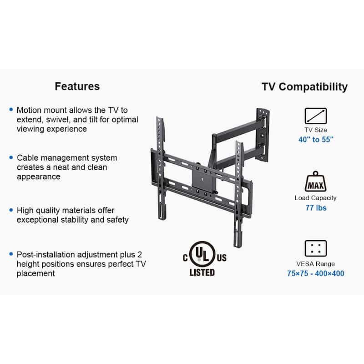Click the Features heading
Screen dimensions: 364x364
pos(77,86)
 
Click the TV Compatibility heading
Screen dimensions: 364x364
pos(304,87)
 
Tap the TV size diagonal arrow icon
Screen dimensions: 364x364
pos(315,116)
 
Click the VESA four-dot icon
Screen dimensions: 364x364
pos(315,248)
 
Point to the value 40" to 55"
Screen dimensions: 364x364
pos(316,140)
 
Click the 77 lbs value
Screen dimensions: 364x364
pos(316,208)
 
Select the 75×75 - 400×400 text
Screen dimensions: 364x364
pos(315,273)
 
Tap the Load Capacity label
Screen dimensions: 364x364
pos(315,198)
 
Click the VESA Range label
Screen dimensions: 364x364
pos(315,264)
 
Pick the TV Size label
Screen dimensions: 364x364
pos(316,130)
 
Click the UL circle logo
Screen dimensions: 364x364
pos(202,254)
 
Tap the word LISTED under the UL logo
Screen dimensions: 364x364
pos(202,273)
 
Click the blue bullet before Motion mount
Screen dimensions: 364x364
pos(11,109)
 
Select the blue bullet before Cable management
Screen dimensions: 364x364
pos(11,157)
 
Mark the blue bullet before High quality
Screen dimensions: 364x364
pos(11,210)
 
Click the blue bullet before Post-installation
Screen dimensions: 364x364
pos(11,254)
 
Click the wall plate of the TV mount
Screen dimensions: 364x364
pos(263,135)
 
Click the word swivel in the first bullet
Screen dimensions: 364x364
pos(58,120)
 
